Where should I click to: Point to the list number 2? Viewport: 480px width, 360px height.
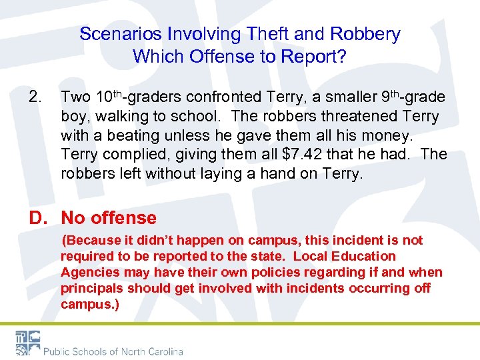35,98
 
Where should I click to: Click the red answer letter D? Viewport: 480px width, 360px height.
36,218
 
